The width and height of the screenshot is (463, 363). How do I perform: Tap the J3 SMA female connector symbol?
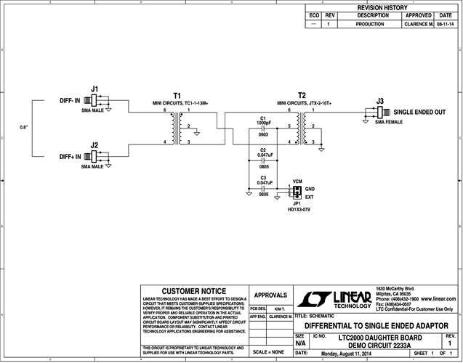point(379,113)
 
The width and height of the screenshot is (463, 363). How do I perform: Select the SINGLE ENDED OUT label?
point(419,113)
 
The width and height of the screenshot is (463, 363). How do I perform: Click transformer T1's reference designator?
point(177,95)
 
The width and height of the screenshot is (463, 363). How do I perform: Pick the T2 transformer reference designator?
point(302,95)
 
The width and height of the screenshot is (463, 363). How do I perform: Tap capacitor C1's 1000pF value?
point(262,123)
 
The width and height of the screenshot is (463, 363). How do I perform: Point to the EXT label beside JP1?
point(309,196)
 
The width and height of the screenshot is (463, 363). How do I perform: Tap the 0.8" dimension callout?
point(24,128)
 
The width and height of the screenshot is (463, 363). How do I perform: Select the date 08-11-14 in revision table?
point(445,24)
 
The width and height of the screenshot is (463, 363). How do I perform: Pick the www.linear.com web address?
point(439,298)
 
